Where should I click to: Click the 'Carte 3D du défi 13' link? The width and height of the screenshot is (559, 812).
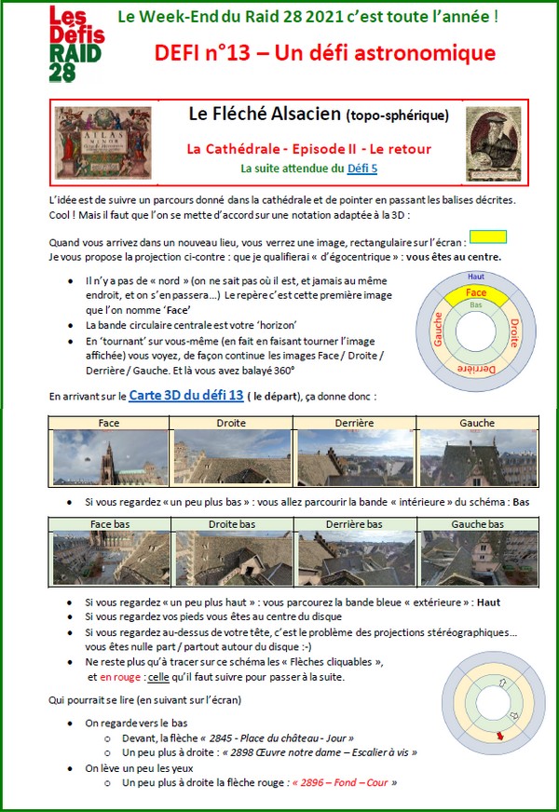(x=186, y=395)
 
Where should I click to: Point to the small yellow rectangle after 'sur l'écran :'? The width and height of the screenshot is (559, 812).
(x=488, y=237)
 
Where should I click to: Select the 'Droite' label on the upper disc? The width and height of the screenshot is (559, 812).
(x=513, y=328)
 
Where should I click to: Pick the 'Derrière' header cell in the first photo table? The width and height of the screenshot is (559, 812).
(x=354, y=423)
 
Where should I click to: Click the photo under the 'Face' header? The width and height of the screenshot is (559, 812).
(x=109, y=458)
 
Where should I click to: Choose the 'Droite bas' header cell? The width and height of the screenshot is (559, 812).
(x=232, y=524)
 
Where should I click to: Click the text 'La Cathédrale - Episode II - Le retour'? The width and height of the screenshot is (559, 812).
(x=309, y=148)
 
